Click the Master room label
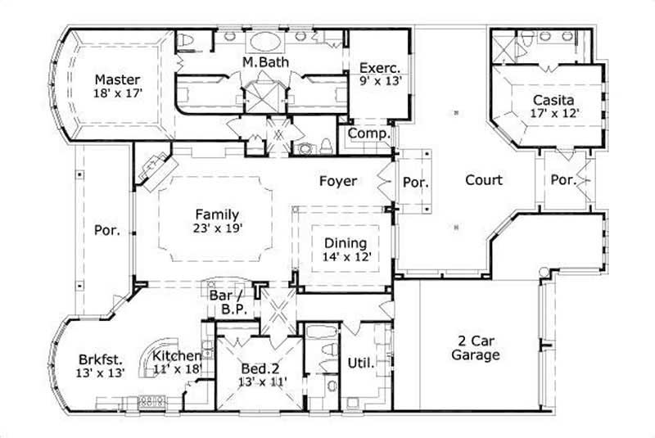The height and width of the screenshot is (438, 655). pyautogui.click(x=116, y=79)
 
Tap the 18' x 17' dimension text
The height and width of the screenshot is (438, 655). pyautogui.click(x=116, y=93)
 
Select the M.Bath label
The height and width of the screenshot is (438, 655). pyautogui.click(x=262, y=62)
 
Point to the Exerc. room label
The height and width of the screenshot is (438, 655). pyautogui.click(x=378, y=67)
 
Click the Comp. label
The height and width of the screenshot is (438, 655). pyautogui.click(x=368, y=133)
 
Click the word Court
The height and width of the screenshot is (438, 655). pyautogui.click(x=484, y=180)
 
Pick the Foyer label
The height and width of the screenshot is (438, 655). pyautogui.click(x=337, y=181)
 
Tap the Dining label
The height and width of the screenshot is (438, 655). pyautogui.click(x=345, y=243)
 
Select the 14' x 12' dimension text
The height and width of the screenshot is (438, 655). pyautogui.click(x=346, y=257)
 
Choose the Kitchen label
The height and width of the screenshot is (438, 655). pyautogui.click(x=177, y=355)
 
